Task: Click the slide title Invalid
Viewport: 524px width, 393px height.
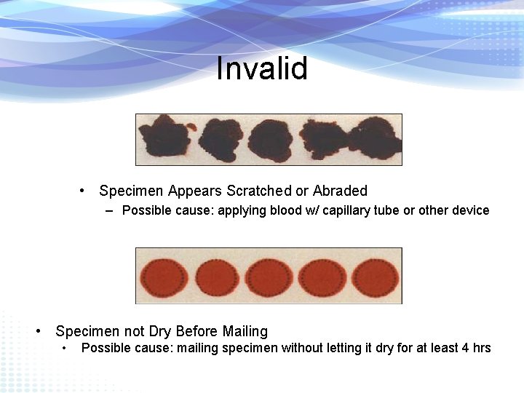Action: [262, 69]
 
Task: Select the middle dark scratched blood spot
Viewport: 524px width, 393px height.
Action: [270, 139]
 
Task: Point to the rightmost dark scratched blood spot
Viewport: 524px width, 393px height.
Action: [375, 139]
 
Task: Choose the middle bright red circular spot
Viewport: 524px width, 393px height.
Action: [269, 277]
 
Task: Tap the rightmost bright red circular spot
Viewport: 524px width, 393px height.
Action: [376, 277]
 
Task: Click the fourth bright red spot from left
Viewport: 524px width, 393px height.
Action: [322, 277]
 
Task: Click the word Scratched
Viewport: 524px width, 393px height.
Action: [258, 191]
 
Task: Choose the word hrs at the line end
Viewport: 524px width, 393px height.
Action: [482, 348]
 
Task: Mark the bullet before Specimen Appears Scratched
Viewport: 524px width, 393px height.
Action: [85, 191]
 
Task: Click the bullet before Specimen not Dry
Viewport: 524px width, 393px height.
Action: [41, 331]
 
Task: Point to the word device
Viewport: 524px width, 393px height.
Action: [471, 210]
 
